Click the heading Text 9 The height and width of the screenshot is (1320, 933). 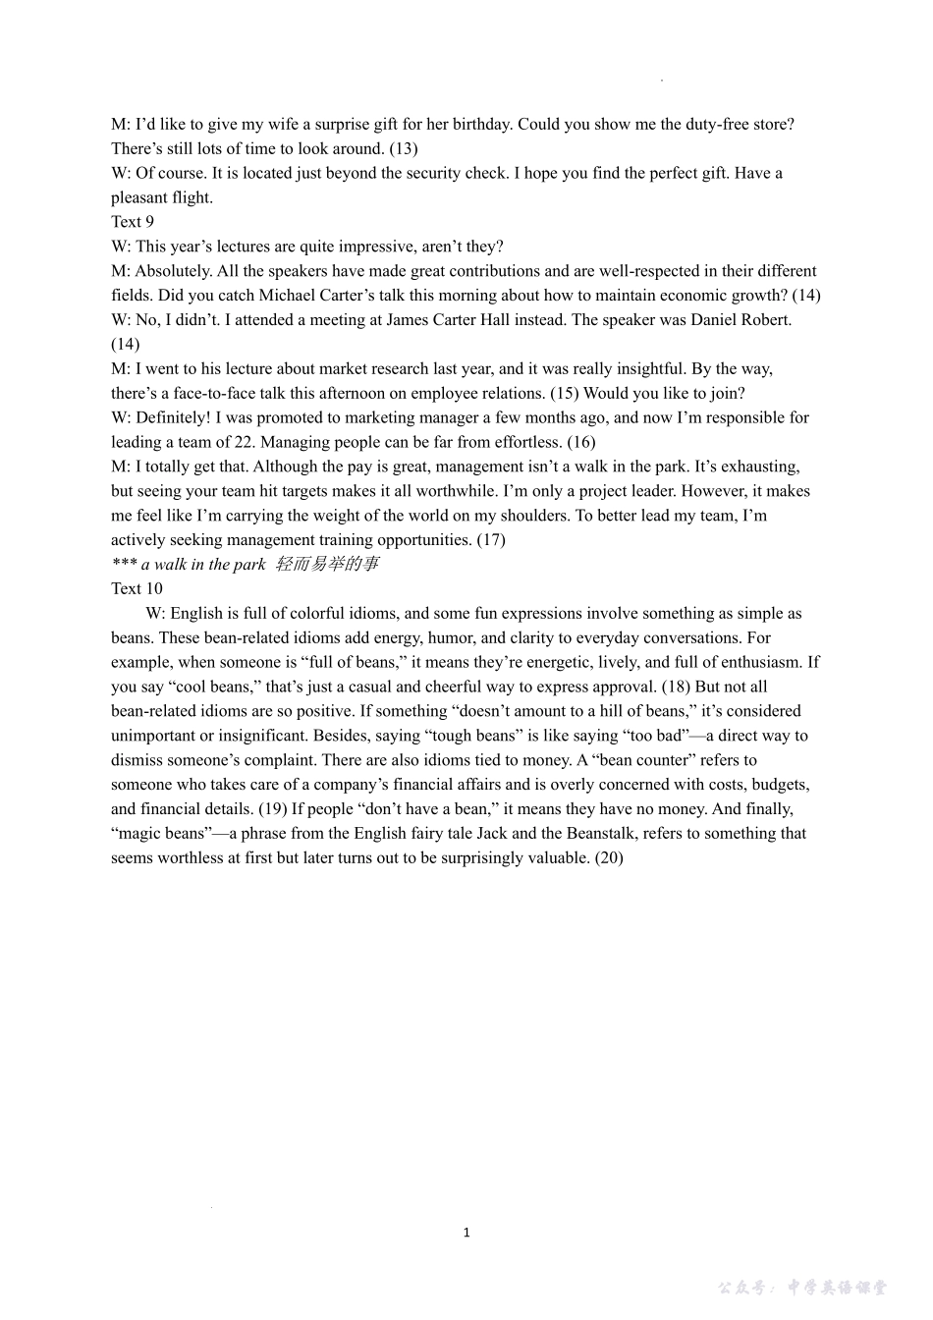tap(133, 222)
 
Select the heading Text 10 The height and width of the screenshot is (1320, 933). tap(137, 588)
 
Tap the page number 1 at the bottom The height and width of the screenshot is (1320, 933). tap(466, 1233)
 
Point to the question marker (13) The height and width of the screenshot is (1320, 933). tap(403, 148)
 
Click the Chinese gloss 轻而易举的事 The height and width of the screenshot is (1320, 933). tap(326, 564)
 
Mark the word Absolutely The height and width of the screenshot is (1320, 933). tap(173, 271)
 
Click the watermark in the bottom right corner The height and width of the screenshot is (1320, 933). tap(801, 1287)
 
